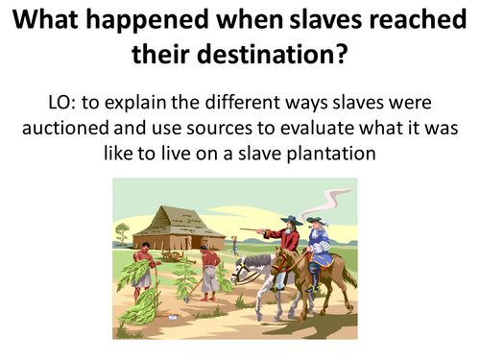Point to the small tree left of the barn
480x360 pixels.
122,233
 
